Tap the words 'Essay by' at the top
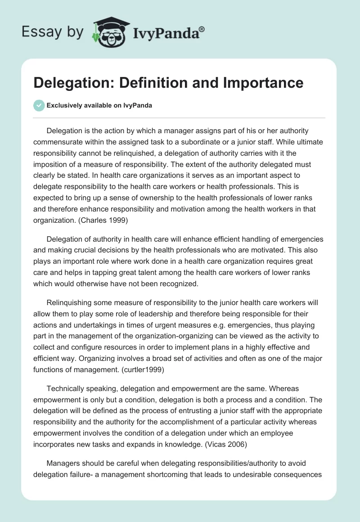52,32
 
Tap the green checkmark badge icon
39,105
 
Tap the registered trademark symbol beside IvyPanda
202,29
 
